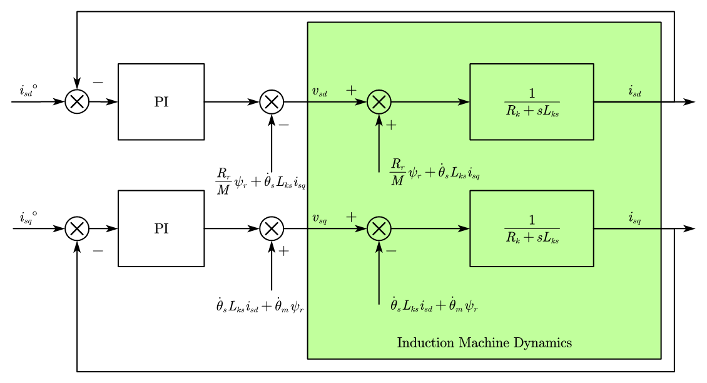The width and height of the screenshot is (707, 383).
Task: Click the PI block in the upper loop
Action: click(161, 101)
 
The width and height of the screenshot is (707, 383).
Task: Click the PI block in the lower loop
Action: click(161, 228)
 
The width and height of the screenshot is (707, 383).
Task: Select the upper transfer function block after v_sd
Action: click(531, 101)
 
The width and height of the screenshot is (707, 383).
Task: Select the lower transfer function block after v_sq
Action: click(531, 228)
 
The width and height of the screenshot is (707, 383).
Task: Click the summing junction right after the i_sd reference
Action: click(77, 101)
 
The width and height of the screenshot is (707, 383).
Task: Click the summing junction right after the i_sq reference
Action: click(77, 228)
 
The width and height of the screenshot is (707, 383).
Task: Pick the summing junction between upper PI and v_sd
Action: click(272, 101)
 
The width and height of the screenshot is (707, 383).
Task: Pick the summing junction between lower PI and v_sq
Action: click(272, 228)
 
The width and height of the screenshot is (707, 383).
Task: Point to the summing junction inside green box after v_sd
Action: click(379, 101)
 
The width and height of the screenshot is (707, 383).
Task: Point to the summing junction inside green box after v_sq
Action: click(379, 228)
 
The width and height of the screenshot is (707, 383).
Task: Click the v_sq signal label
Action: click(319, 219)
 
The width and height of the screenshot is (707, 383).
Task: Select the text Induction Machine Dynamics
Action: click(484, 343)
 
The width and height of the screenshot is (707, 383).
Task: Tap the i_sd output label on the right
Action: click(634, 91)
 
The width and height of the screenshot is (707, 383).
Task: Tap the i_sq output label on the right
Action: click(634, 218)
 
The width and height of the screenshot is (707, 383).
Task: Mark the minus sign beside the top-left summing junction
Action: click(98, 82)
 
